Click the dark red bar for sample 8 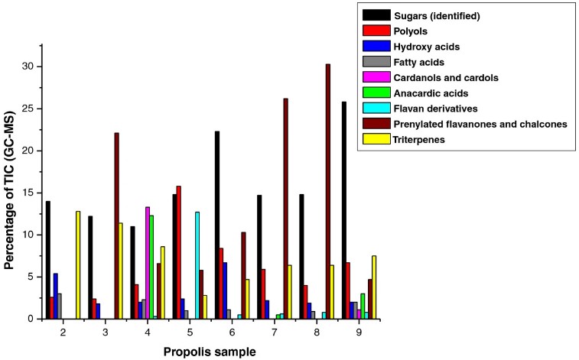pyautogui.click(x=327, y=191)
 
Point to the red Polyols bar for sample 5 pyautogui.click(x=179, y=252)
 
